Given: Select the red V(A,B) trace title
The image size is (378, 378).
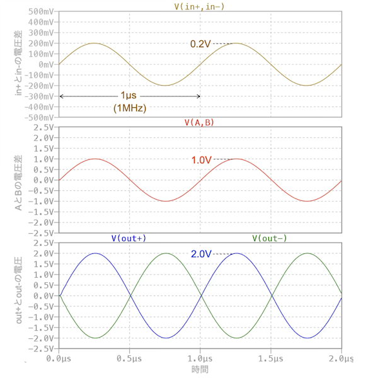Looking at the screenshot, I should coord(199,122).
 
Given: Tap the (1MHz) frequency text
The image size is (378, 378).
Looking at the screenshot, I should coord(130,108).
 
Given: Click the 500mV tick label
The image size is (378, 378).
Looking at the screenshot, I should coord(40,12).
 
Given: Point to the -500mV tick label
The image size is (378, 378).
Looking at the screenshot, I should coord(38,117).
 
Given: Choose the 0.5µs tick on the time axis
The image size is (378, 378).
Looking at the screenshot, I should coord(129,357).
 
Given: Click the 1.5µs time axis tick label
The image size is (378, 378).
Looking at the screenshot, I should coord(271,357).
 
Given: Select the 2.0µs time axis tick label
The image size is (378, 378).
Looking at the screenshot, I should coord(341,357).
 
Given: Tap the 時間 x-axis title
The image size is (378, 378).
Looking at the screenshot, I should coord(200,368).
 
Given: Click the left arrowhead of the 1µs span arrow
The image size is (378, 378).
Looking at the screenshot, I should coord(61,96).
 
